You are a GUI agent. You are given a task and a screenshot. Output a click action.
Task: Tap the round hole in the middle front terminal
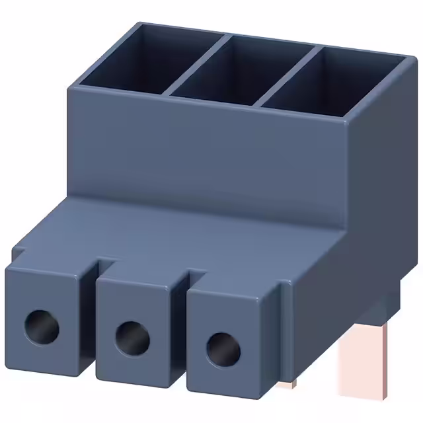[132, 338]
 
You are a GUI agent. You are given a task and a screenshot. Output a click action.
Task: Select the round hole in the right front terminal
[221, 349]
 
